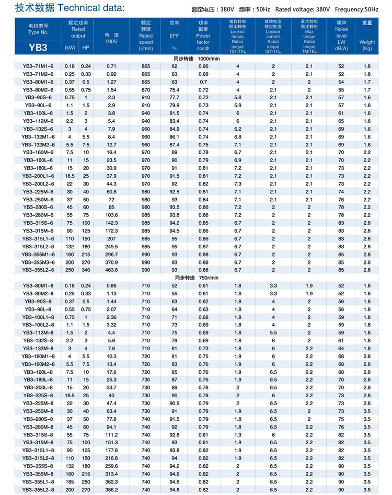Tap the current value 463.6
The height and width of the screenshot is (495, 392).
(111, 270)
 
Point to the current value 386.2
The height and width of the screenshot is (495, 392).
(111, 489)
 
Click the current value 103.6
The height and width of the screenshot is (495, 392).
(111, 215)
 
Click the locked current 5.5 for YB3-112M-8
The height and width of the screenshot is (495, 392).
(273, 332)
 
